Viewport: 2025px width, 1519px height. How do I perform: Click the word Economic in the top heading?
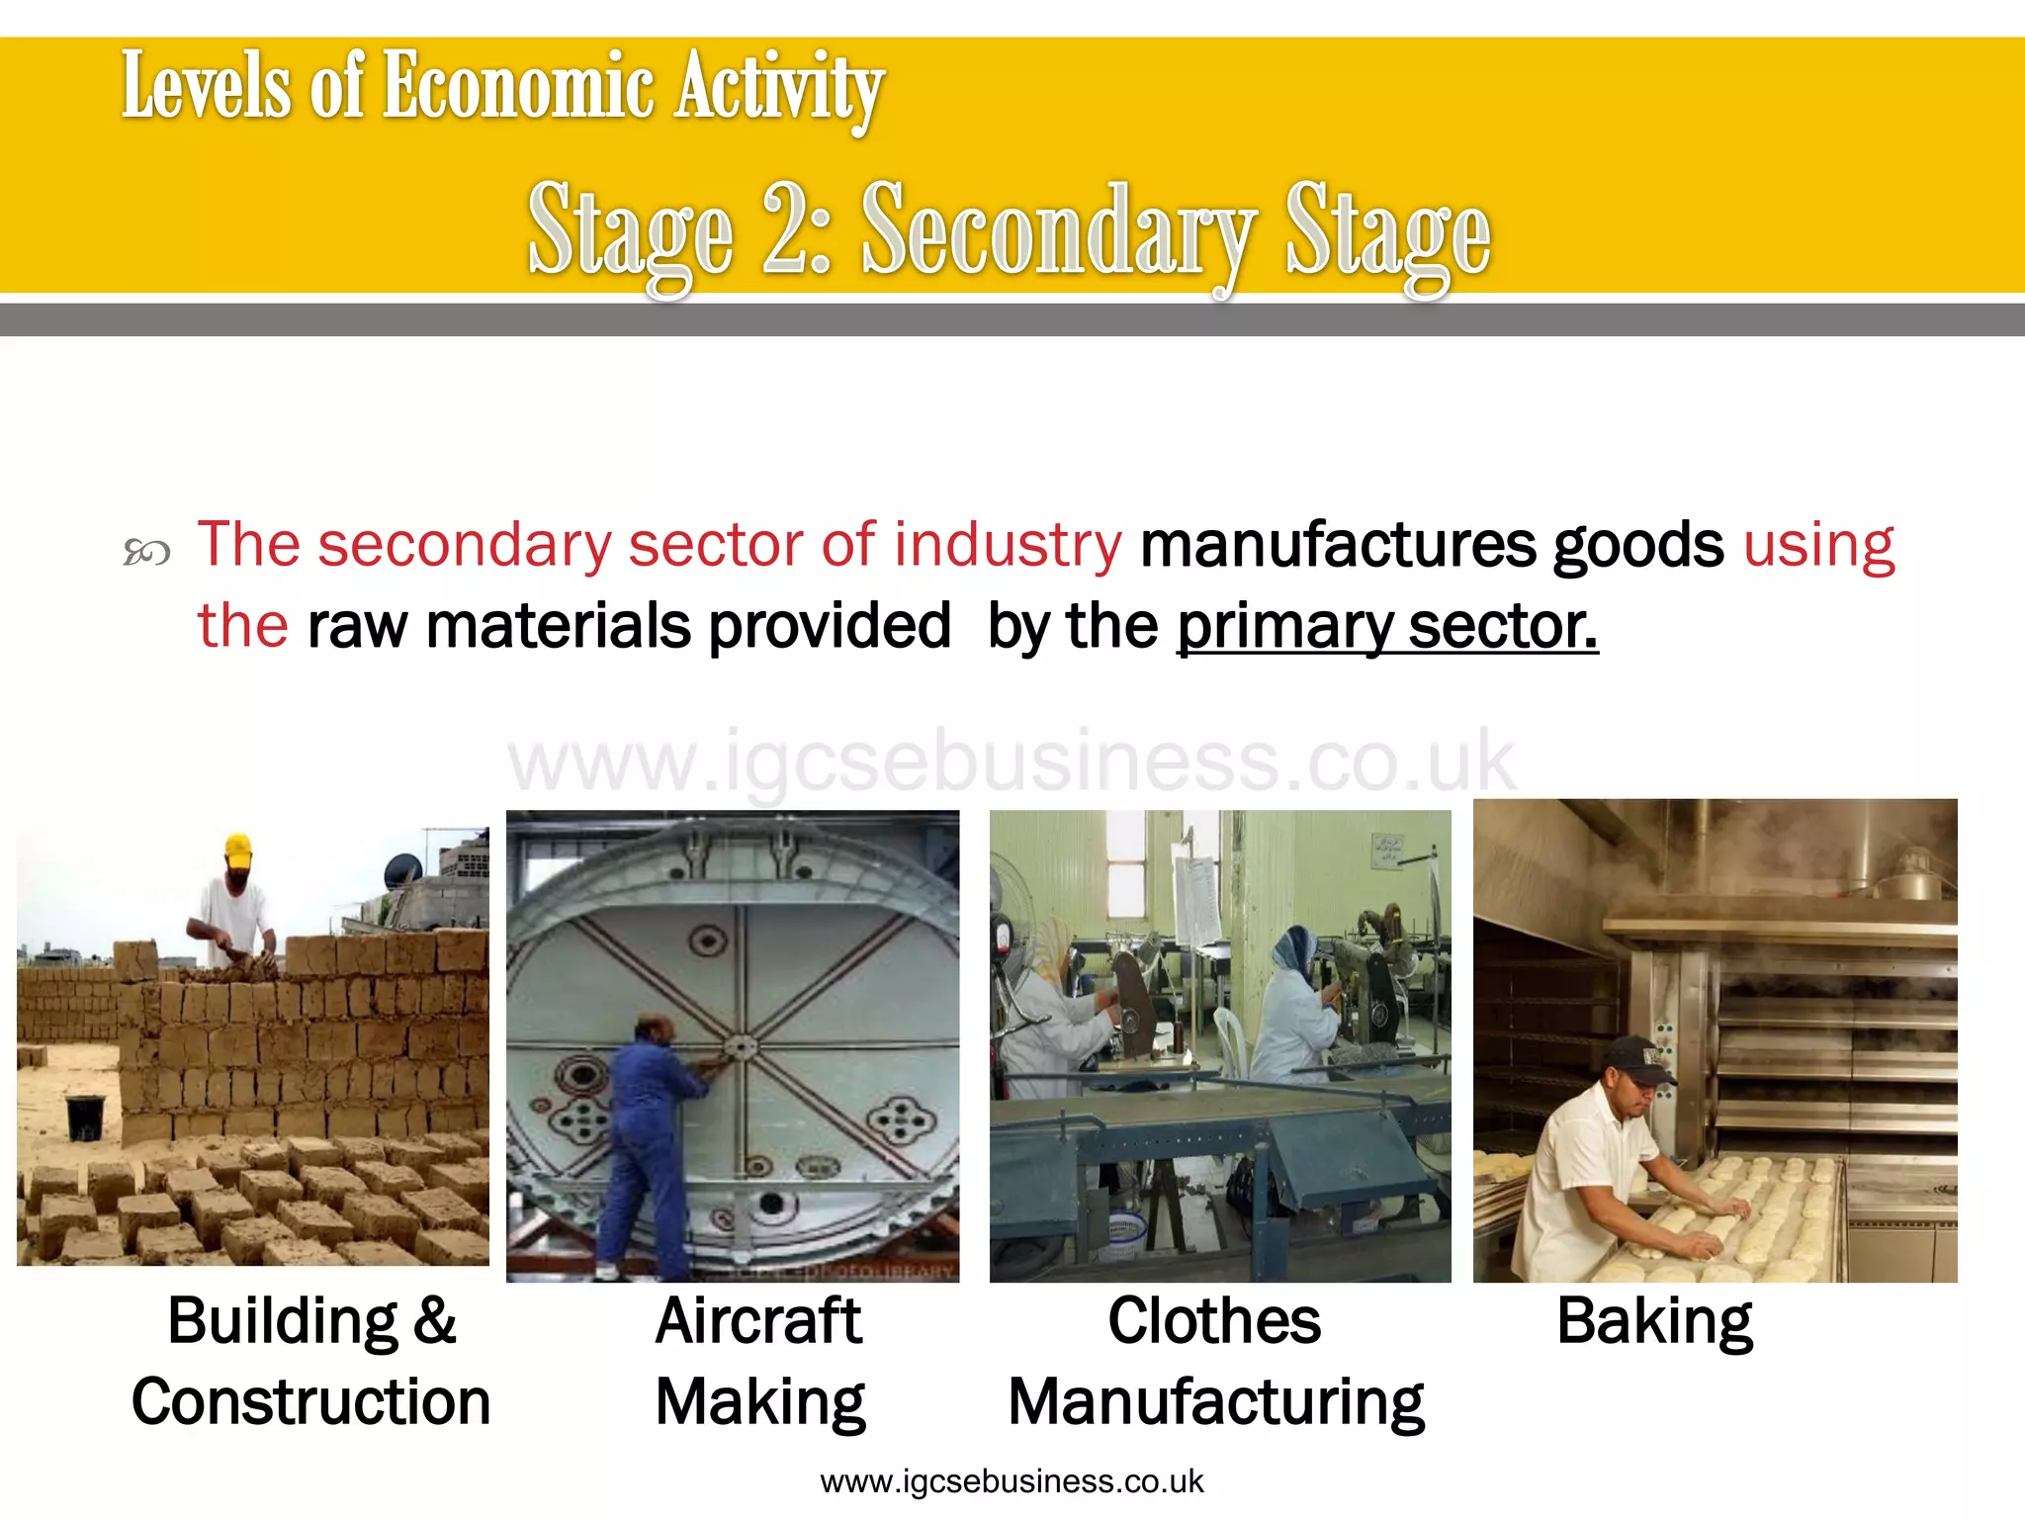517,87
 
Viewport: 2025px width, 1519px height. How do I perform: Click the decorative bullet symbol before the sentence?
146,552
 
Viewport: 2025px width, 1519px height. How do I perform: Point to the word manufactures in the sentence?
1337,545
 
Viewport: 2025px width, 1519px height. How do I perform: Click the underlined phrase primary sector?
1386,626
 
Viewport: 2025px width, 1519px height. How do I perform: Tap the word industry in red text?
1008,545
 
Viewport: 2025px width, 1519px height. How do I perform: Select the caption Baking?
1654,1321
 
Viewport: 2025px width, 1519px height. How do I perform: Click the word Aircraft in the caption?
758,1321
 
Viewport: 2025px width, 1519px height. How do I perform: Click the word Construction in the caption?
310,1402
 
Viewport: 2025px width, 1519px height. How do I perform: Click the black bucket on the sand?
85,1117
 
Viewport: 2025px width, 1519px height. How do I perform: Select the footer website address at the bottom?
1012,1481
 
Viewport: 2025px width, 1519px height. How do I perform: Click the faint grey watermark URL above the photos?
1011,761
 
